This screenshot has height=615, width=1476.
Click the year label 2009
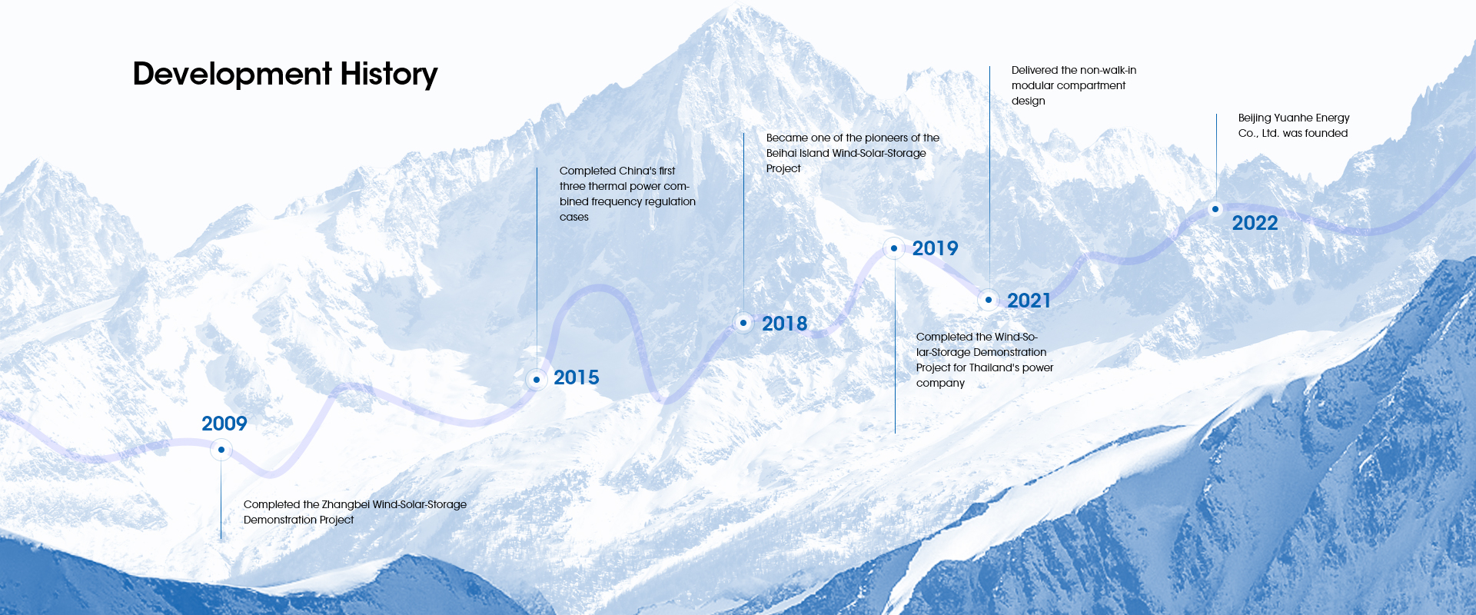(x=224, y=424)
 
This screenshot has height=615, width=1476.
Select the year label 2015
(x=577, y=377)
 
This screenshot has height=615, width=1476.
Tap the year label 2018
(x=785, y=324)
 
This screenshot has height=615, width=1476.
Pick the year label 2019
(x=936, y=248)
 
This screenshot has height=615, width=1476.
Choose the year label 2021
(x=1029, y=301)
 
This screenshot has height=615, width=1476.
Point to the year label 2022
(x=1255, y=223)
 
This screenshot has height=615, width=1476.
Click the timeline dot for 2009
(x=221, y=450)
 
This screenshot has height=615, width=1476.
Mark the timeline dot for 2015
(x=537, y=380)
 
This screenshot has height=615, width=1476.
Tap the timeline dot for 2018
(x=743, y=323)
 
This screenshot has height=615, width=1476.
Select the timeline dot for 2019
(x=894, y=248)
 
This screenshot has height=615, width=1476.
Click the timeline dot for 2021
(x=989, y=300)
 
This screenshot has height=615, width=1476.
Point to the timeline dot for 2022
(x=1215, y=209)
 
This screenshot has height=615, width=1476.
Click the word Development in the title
(x=232, y=75)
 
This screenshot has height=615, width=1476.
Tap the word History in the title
(x=389, y=75)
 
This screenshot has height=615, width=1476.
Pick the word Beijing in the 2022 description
(x=1255, y=118)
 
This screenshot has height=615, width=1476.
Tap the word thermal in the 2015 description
(x=607, y=186)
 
